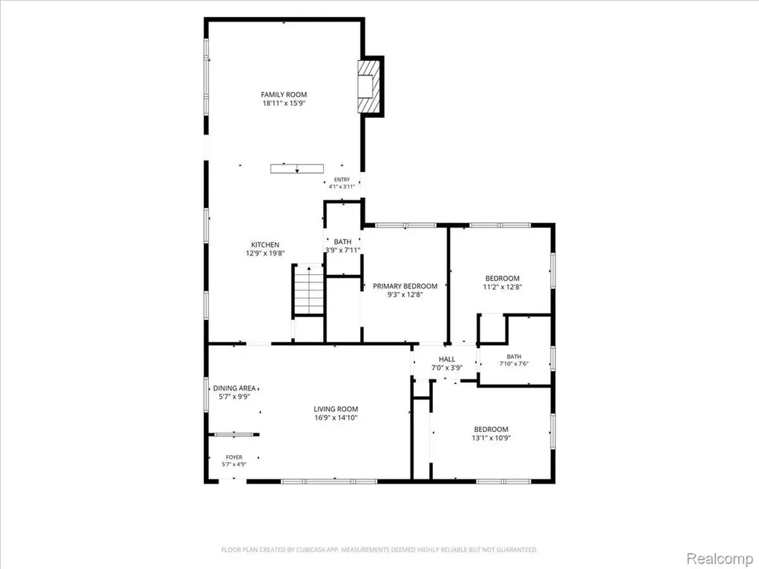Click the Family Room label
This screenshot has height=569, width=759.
[284, 95]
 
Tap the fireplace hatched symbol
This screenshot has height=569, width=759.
[366, 87]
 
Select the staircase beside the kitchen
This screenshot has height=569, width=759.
[308, 290]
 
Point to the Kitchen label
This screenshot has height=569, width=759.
[265, 244]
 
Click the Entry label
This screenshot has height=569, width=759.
[342, 179]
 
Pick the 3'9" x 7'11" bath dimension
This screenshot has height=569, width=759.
[342, 250]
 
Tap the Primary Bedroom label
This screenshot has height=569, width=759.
[405, 286]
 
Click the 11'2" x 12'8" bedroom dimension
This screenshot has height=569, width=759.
[503, 287]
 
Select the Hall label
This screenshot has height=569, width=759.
[447, 359]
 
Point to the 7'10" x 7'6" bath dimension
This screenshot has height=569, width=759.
[514, 364]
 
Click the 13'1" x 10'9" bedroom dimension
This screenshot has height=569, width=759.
[491, 439]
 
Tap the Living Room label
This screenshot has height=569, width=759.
[336, 409]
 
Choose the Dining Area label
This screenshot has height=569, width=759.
[234, 388]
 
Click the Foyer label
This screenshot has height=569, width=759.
[233, 457]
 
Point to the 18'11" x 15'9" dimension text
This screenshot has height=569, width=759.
[284, 104]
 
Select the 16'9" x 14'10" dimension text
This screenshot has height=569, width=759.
[336, 418]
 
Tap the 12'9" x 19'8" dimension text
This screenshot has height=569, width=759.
[265, 253]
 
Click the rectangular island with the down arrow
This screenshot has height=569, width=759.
[296, 168]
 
